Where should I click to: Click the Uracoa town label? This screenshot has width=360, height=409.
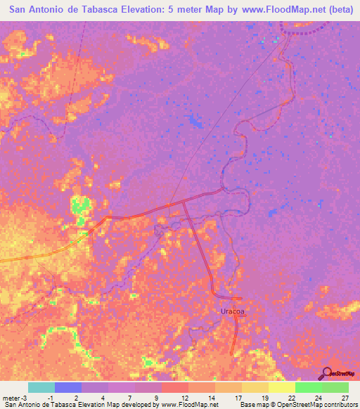pos(229,310)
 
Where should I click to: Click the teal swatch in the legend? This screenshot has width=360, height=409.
pos(41,387)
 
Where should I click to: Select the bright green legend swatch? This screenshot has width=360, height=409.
pos(309,387)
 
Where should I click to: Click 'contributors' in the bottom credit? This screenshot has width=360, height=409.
pos(340,405)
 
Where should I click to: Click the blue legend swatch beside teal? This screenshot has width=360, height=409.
pos(68,387)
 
